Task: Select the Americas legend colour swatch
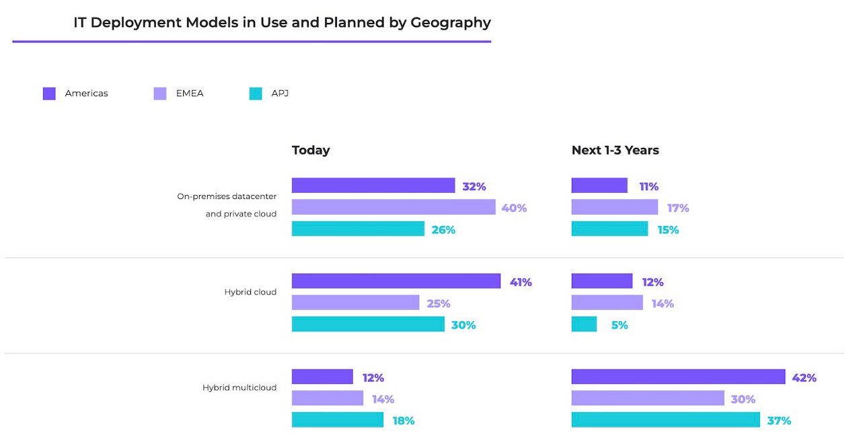point(49,93)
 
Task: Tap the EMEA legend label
point(190,93)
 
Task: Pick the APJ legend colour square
point(256,93)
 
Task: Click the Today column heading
point(311,150)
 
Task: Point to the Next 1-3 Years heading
point(615,150)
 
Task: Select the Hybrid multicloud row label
point(239,388)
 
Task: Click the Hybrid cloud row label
point(250,292)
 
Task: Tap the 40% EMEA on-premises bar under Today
point(394,207)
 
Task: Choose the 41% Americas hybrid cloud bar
point(396,281)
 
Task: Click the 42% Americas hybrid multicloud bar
point(678,376)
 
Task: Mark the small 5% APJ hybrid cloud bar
point(584,324)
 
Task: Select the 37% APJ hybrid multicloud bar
point(665,419)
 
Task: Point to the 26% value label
point(443,230)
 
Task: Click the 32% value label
point(474,186)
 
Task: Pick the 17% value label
point(677,208)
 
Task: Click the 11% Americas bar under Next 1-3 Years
point(599,186)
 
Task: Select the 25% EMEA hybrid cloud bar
point(355,303)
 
